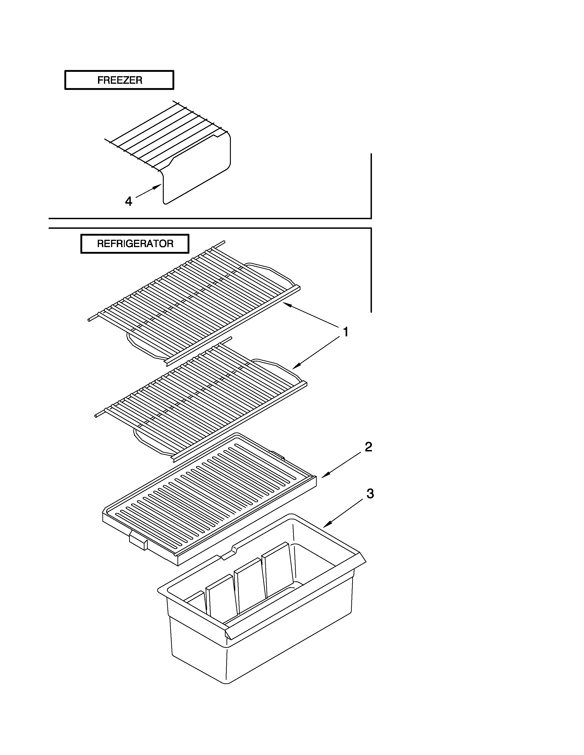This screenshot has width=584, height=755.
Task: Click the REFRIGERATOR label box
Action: click(x=135, y=244)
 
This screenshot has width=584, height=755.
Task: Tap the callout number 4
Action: click(x=128, y=201)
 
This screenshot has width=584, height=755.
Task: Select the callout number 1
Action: click(x=345, y=332)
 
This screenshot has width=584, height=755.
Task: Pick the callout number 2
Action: click(x=368, y=447)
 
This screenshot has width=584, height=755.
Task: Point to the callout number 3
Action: click(x=370, y=494)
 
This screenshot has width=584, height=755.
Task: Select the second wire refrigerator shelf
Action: click(x=201, y=398)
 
